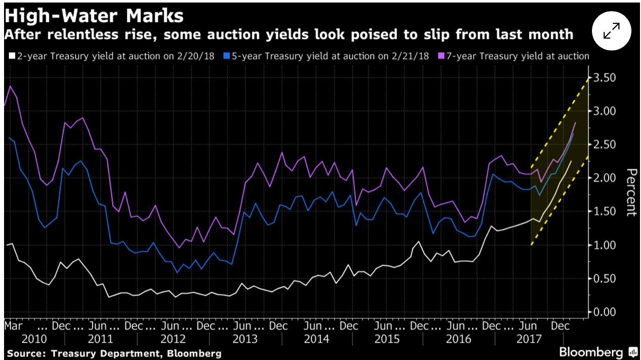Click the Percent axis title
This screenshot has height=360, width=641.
click(x=630, y=192)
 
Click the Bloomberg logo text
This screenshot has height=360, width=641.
click(x=590, y=352)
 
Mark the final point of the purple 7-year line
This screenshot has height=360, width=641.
click(x=575, y=123)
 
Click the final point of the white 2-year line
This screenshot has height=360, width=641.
click(x=571, y=161)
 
